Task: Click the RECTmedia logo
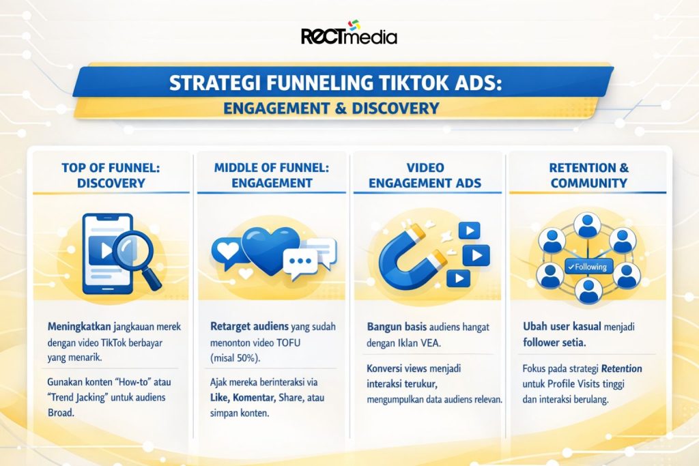[x=349, y=34]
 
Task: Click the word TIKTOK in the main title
[x=412, y=82]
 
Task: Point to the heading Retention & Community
[x=588, y=175]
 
